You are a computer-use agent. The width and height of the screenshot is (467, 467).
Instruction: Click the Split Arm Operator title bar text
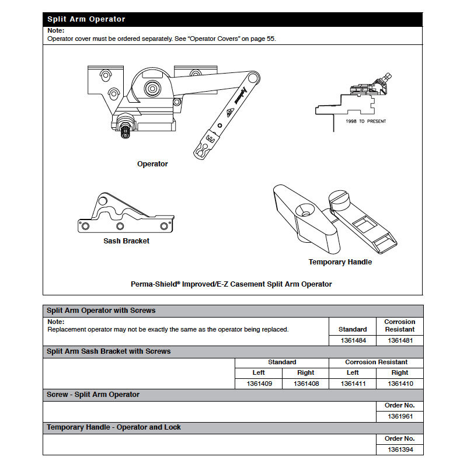click(86, 19)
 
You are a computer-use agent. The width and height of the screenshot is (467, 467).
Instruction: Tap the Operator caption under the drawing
click(152, 164)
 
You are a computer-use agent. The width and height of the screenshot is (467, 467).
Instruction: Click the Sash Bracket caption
click(126, 241)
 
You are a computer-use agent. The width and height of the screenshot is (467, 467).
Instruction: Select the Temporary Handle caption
click(340, 262)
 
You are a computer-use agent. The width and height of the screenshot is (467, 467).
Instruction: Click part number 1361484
click(353, 340)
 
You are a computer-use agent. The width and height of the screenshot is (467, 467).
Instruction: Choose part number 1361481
click(400, 340)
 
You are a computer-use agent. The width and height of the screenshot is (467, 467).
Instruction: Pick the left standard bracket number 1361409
click(258, 384)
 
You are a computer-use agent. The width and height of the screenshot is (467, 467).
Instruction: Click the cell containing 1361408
click(305, 384)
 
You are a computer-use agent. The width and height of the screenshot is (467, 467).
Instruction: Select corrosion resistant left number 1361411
click(353, 384)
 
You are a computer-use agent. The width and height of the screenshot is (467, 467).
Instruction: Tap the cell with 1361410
click(400, 384)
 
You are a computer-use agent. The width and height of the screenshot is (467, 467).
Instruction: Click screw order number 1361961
click(400, 417)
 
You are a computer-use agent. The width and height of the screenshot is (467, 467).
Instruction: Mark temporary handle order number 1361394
click(400, 449)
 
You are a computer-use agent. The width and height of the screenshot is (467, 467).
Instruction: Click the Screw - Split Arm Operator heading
click(93, 395)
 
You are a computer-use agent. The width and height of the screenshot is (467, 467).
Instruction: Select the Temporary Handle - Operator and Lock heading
click(114, 427)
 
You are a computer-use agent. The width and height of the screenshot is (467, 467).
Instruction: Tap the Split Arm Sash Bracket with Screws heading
click(109, 351)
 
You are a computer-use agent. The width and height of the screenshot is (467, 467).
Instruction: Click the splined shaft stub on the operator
click(124, 131)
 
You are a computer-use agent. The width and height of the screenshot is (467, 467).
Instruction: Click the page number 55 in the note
click(270, 39)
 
